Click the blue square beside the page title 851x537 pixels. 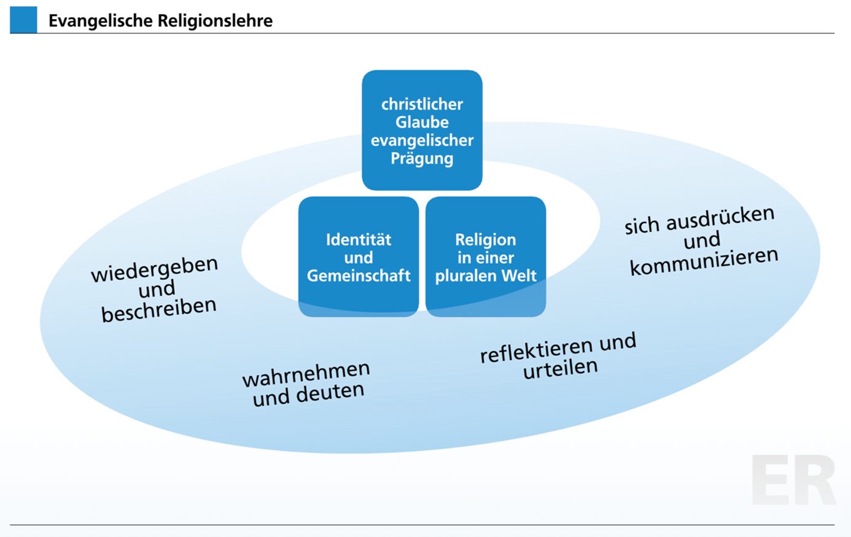coord(23,20)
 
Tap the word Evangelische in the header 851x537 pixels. coord(100,21)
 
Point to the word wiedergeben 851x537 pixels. coord(154,269)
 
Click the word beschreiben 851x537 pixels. coord(158,309)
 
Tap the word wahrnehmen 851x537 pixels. coord(306,374)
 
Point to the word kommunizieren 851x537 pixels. coord(704,262)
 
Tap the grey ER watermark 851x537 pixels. coord(793,480)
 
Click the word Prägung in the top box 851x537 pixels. coord(422,158)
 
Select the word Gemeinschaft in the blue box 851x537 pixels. coord(359,276)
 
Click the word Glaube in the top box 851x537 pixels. coord(422,122)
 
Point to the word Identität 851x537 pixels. coord(359,239)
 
